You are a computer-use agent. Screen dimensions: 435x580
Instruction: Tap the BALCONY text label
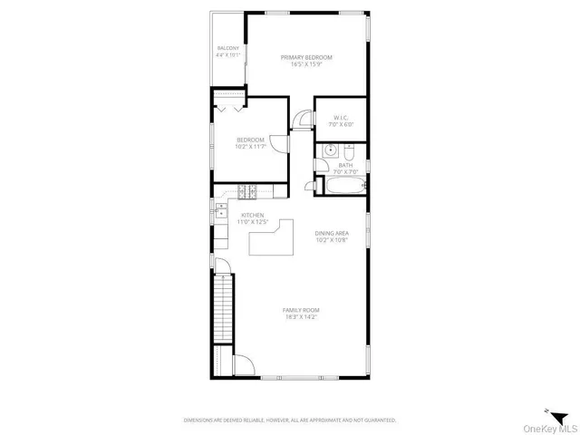pos(227,48)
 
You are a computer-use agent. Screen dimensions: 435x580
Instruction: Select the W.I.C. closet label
pos(342,117)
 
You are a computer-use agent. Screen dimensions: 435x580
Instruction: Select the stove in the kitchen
pos(249,190)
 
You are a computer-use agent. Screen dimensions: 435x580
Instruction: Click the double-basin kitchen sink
pos(220,211)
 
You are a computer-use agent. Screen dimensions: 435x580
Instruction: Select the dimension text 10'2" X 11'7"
pos(250,146)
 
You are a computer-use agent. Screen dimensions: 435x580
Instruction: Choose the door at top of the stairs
pos(226,269)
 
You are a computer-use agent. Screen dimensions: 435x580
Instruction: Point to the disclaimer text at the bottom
pos(289,420)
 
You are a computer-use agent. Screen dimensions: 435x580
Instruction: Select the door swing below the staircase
pos(242,364)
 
